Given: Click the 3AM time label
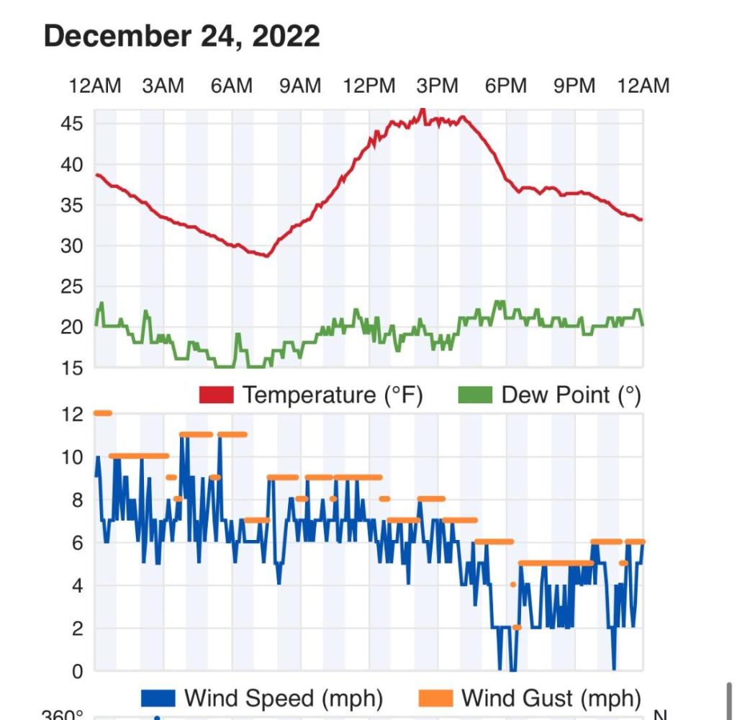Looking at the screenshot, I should (163, 86).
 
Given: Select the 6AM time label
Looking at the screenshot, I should (232, 86).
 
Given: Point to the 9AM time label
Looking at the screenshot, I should (300, 86).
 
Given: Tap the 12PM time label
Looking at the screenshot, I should (369, 86).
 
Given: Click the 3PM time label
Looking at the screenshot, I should (437, 86).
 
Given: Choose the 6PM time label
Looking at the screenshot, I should (506, 86).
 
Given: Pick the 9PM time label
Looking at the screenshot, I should (574, 86).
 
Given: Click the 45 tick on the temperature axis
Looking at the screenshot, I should (72, 124).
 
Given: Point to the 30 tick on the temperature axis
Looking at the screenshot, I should (72, 246).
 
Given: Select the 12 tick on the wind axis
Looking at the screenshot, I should (72, 414).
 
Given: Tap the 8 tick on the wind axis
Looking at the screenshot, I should (77, 500).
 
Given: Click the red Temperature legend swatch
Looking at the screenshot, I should (216, 395).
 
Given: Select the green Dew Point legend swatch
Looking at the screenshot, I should (475, 395).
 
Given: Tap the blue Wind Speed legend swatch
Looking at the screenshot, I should (158, 698).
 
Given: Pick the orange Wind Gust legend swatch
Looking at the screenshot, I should (435, 698).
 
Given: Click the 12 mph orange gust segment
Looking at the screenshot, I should (102, 413).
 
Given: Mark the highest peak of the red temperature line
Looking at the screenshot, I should (422, 110).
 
